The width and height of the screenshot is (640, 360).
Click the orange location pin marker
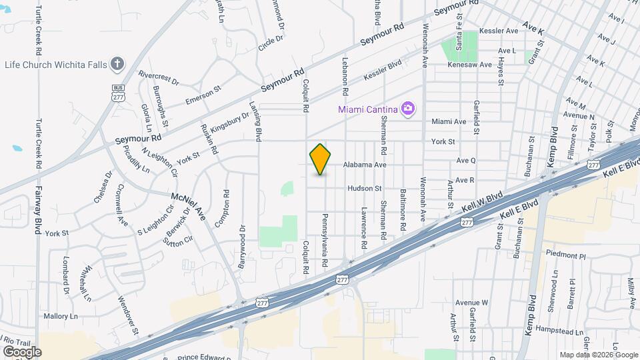coord(321,159)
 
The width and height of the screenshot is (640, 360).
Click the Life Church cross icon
coord(117,64)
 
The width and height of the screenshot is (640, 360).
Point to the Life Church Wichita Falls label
coord(56,64)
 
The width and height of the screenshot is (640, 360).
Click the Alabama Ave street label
coord(365,164)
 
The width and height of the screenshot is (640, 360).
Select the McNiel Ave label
coord(189,205)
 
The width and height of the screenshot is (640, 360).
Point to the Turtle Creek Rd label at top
coord(39,30)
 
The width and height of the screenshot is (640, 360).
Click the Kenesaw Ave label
coord(469,65)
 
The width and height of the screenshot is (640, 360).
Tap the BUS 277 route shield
coord(119,93)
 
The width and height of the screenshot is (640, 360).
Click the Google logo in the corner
coord(22,351)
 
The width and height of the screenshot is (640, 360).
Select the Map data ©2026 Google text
coord(599,355)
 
